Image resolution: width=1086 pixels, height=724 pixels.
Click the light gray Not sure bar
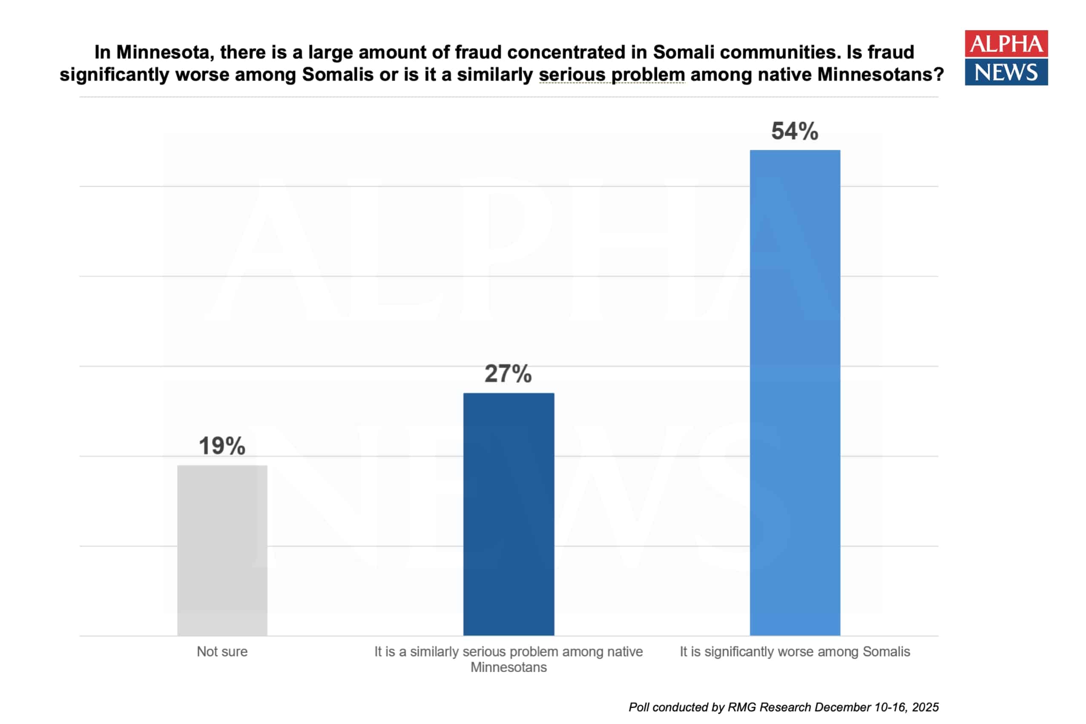pos(222,550)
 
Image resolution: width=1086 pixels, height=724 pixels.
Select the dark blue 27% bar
pos(509,514)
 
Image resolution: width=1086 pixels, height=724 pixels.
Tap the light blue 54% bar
pos(795,393)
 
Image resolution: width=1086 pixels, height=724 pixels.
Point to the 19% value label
pos(222,446)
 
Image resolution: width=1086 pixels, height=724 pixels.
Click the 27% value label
pos(508,373)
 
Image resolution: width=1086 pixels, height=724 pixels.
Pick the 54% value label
pos(795,131)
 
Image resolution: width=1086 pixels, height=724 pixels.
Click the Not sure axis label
pos(222,652)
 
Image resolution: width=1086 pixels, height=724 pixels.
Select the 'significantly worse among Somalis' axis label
pos(795,652)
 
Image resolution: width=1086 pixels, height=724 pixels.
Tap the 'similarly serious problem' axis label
pos(509,652)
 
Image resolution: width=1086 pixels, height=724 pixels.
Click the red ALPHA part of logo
pos(1006,44)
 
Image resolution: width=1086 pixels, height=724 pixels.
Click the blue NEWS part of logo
pos(1006,72)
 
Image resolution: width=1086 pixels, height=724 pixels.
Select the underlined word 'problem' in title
pos(648,75)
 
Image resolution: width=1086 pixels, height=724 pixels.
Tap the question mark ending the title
pos(938,75)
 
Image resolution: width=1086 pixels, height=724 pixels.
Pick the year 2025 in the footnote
pos(925,707)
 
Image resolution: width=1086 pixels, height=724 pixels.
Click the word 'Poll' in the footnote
pos(639,707)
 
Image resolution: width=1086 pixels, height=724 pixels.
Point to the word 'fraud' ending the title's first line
pos(891,52)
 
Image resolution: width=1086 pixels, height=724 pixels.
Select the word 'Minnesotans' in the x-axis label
pos(509,667)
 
